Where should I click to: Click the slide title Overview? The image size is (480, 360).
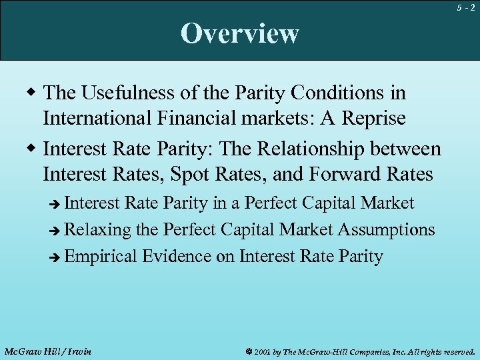pos(240,33)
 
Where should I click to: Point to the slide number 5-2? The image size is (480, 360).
pos(466,8)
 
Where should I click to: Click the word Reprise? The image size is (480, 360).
pos(372,119)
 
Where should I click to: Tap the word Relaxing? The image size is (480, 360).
pos(99,230)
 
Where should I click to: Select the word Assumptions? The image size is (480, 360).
pos(387,230)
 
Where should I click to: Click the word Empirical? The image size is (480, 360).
pos(101,257)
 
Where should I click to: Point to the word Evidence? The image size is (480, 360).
pos(178,257)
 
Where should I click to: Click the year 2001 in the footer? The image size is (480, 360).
pos(261,351)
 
